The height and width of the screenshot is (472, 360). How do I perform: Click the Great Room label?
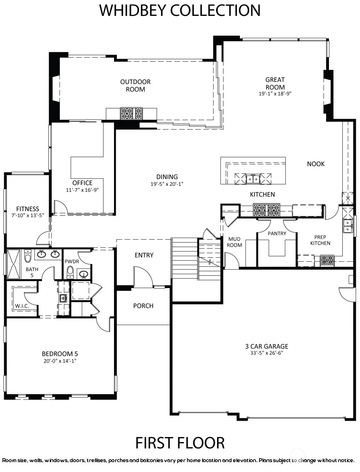coord(275,83)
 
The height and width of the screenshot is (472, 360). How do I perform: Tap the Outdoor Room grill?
coord(132,114)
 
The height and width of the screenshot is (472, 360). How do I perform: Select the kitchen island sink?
coord(253,179)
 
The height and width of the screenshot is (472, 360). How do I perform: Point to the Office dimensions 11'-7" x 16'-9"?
coord(82,190)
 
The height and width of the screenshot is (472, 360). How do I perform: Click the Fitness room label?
coord(28,209)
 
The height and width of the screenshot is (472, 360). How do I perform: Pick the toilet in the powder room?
coord(70,272)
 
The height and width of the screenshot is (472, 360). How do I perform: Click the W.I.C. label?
coord(22,306)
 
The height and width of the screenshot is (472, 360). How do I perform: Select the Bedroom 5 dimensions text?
coord(60,361)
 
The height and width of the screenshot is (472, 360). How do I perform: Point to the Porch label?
coord(143,306)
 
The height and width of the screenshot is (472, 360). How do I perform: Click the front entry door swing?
coord(143,277)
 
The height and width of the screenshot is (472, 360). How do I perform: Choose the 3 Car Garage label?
coord(266,346)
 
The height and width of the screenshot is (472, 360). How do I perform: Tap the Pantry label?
coord(277,233)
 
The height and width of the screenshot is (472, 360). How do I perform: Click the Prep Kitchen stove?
coord(327,260)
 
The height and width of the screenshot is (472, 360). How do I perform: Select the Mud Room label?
coord(234,242)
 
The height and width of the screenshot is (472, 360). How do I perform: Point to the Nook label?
coord(316,164)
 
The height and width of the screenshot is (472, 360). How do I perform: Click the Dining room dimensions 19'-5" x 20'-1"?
coord(167,184)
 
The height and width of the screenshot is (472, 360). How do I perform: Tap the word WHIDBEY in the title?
coord(132,10)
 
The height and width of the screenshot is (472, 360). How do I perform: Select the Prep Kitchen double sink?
coord(348,226)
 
